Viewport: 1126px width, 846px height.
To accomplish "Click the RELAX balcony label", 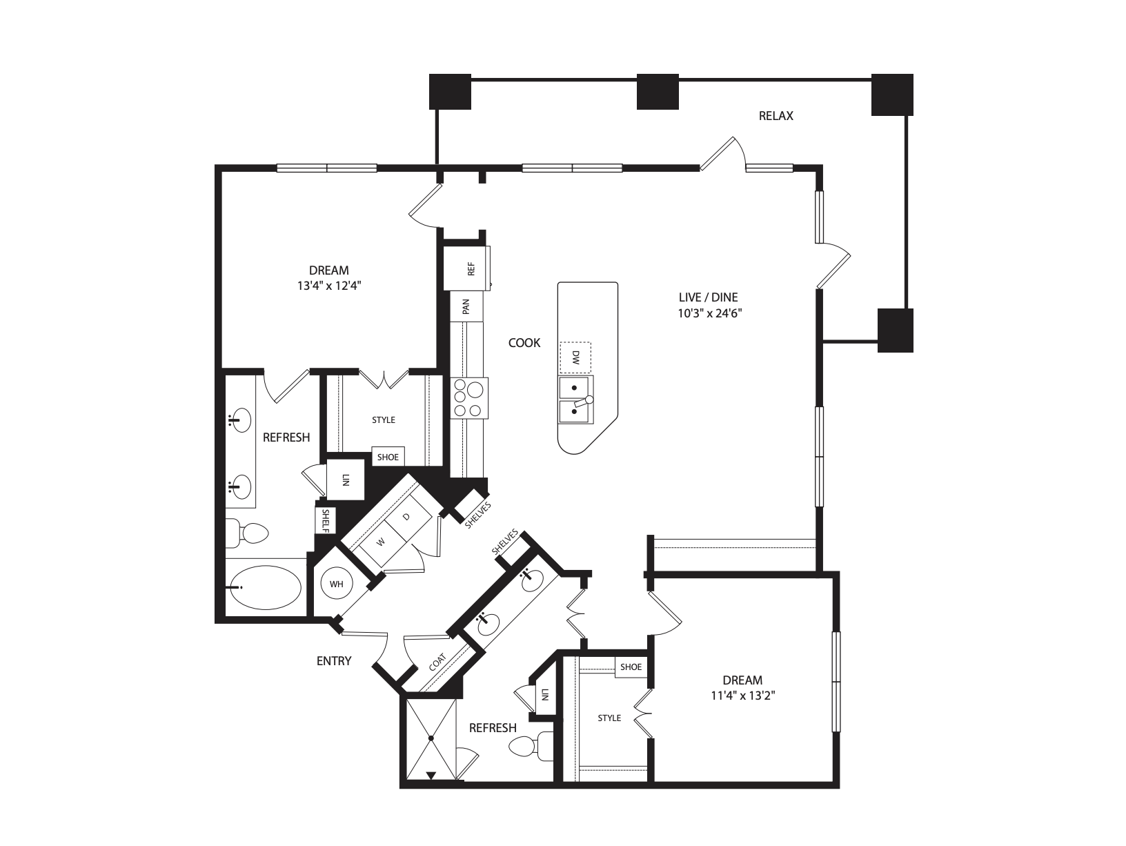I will coord(776,116).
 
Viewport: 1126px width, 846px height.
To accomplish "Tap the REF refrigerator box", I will coord(467,268).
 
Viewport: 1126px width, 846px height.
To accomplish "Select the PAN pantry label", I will coord(466,306).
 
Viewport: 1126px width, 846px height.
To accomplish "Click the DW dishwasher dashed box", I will coord(575,358).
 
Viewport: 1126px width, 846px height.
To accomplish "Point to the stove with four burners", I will coord(469,398).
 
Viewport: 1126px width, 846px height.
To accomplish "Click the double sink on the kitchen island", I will coord(575,400).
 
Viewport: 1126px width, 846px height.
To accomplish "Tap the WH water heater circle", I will coord(336,584).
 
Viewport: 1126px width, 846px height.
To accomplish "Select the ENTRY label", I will coord(334,661).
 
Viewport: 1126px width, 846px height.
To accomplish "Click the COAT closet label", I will coord(437,663).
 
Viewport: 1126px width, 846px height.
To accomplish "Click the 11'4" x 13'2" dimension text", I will coord(743,696).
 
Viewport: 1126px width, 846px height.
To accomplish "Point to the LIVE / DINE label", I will coord(708,297).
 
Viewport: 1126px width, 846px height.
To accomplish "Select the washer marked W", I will coord(379,542).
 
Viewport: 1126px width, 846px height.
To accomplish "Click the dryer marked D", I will coord(406,517).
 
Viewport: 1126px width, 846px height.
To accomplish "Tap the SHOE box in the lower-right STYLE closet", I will coord(631,667).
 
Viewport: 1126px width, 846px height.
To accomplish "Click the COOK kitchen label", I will coord(524,343).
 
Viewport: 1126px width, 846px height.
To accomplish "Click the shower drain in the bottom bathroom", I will coord(431,738).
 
